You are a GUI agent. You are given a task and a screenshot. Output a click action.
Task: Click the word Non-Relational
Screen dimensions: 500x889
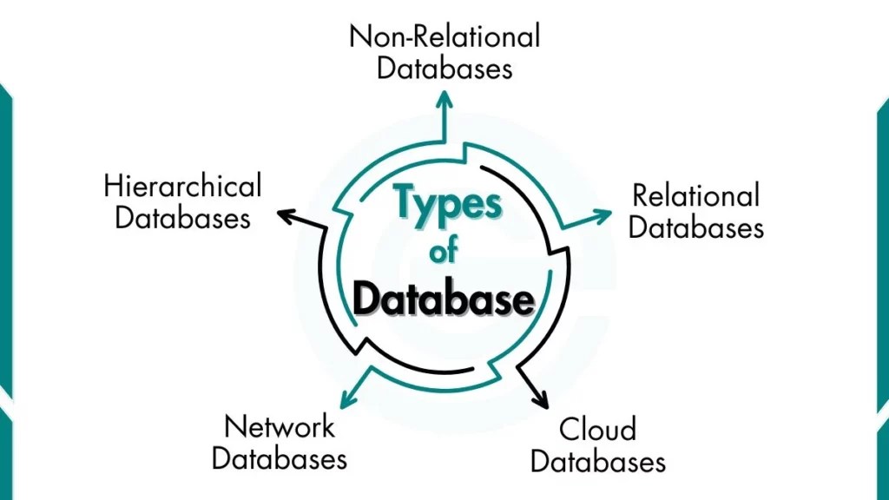[x=444, y=36]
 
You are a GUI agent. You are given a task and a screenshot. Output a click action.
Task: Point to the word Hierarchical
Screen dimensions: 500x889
[x=182, y=186]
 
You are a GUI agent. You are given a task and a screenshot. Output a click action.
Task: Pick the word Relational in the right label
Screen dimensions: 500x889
[x=695, y=195]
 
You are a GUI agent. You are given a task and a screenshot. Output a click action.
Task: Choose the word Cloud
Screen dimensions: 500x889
[x=597, y=429]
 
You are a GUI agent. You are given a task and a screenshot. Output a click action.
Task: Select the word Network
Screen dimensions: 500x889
[x=280, y=426]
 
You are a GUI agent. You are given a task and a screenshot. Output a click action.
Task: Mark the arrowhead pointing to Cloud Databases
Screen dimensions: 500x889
[x=542, y=400]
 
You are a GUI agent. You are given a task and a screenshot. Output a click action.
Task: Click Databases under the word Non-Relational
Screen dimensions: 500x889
[x=444, y=68]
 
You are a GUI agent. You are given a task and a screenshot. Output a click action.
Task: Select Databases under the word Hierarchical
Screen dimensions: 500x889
[x=182, y=217]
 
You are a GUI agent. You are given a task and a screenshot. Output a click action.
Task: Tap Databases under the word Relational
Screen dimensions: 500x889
[x=695, y=227]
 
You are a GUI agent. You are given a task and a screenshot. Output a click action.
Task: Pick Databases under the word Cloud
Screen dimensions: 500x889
[x=598, y=460]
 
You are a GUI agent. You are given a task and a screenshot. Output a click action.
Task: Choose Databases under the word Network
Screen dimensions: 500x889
[x=280, y=457]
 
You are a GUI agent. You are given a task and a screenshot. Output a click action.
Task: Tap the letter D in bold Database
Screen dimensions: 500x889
[x=366, y=299]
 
